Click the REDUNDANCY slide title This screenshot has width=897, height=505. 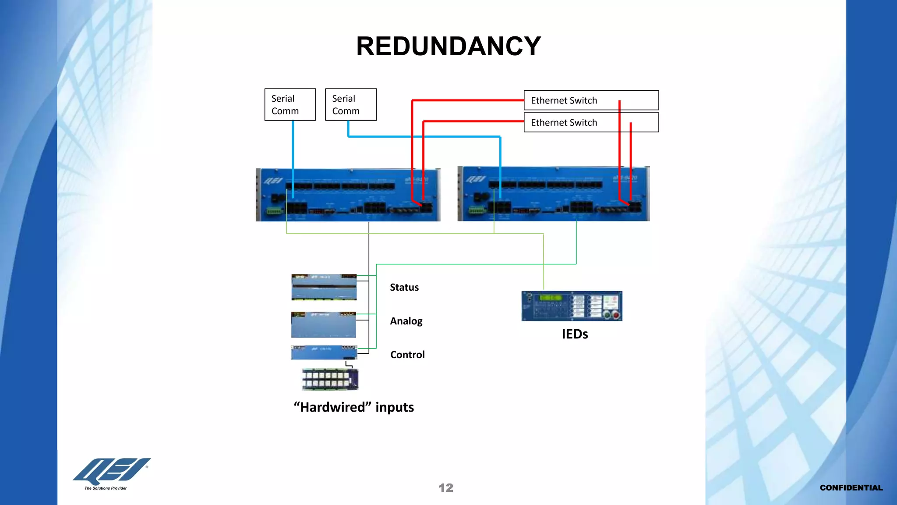click(x=448, y=46)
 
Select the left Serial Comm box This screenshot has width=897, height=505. click(x=290, y=105)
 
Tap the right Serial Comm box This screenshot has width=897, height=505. click(x=351, y=105)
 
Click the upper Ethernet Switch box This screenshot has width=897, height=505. click(x=591, y=100)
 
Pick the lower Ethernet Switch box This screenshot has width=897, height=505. click(x=591, y=123)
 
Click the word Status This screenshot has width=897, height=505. click(x=404, y=288)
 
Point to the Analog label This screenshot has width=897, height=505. click(x=406, y=321)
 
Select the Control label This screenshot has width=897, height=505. click(x=407, y=355)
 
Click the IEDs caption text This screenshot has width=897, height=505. click(x=575, y=334)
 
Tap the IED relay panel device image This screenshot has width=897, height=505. click(x=572, y=306)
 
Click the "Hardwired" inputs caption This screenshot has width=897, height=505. click(x=353, y=407)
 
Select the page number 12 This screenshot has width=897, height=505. click(x=446, y=488)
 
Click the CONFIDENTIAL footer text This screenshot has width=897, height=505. click(x=851, y=488)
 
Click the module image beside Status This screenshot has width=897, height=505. click(x=324, y=287)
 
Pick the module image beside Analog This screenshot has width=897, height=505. click(x=324, y=325)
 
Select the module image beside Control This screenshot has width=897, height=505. click(x=324, y=352)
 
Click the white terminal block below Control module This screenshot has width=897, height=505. click(x=330, y=379)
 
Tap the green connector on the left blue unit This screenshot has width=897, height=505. click(x=274, y=211)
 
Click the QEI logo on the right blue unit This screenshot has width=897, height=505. click(x=475, y=179)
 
